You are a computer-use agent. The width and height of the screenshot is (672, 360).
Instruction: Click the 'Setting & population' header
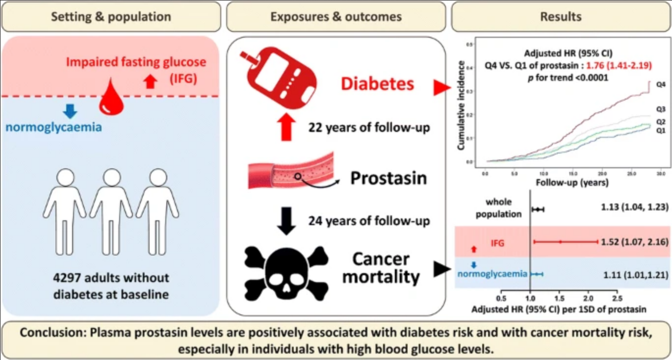pyautogui.click(x=112, y=17)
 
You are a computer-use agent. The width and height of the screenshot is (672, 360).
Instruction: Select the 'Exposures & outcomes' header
pyautogui.click(x=336, y=17)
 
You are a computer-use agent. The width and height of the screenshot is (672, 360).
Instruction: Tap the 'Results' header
pyautogui.click(x=561, y=17)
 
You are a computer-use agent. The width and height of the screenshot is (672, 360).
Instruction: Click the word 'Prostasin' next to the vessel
pyautogui.click(x=388, y=179)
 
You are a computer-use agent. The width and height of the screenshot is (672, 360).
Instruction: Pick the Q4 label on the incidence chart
pyautogui.click(x=660, y=84)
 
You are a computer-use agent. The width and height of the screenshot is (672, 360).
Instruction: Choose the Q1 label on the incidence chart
pyautogui.click(x=660, y=130)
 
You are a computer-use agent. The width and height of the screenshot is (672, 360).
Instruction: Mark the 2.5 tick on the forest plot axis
pyautogui.click(x=617, y=298)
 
